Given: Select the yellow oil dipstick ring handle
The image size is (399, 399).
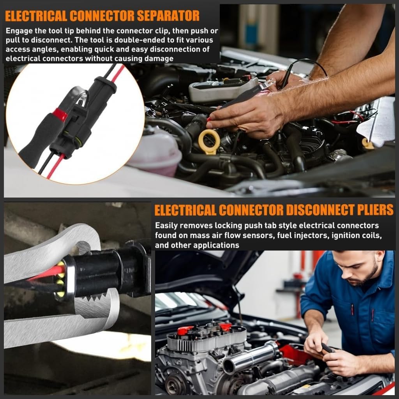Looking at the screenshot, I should click(209, 140).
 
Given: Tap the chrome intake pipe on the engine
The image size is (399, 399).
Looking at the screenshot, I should click(250, 357).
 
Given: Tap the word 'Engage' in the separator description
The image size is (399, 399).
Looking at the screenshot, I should click(19, 31).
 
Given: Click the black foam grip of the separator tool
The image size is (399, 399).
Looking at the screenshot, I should click(37, 140).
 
